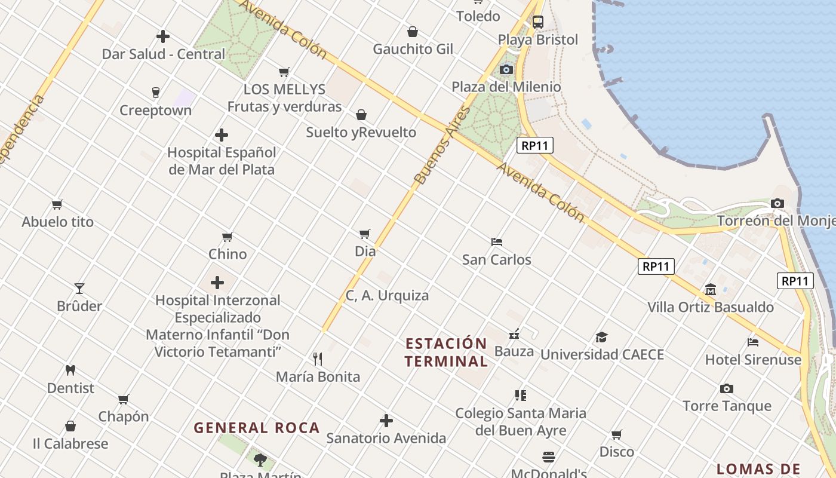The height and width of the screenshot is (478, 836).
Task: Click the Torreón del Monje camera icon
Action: [x=777, y=204]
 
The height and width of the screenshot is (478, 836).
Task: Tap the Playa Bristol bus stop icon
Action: [x=538, y=22]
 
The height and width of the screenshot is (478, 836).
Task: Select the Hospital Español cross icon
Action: [x=222, y=135]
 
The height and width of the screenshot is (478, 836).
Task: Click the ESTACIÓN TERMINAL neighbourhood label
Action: [x=446, y=352]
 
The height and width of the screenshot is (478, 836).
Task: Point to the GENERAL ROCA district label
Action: [x=257, y=428]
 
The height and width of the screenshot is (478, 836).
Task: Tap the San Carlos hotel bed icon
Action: [x=496, y=242]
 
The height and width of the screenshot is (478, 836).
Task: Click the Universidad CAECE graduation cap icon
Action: [x=601, y=338]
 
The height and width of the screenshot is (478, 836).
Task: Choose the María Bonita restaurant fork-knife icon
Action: [x=318, y=359]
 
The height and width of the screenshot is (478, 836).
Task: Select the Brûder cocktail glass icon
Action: [x=79, y=289]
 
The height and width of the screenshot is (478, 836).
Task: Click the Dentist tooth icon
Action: [x=70, y=370]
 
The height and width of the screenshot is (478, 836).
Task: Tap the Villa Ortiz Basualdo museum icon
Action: [x=711, y=290]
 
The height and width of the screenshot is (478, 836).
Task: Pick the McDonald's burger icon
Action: [x=549, y=457]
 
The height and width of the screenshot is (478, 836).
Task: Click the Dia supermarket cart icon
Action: [x=365, y=234]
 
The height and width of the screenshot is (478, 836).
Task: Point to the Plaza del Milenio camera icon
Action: [x=506, y=70]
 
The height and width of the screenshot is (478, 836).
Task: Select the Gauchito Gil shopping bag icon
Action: [x=413, y=32]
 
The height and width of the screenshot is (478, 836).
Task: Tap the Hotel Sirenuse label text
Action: [x=753, y=360]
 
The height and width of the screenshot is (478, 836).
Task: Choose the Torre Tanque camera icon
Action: [x=726, y=389]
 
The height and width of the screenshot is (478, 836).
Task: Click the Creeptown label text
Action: [x=156, y=111]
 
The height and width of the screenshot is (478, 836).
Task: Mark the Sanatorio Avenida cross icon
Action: [x=386, y=421]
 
